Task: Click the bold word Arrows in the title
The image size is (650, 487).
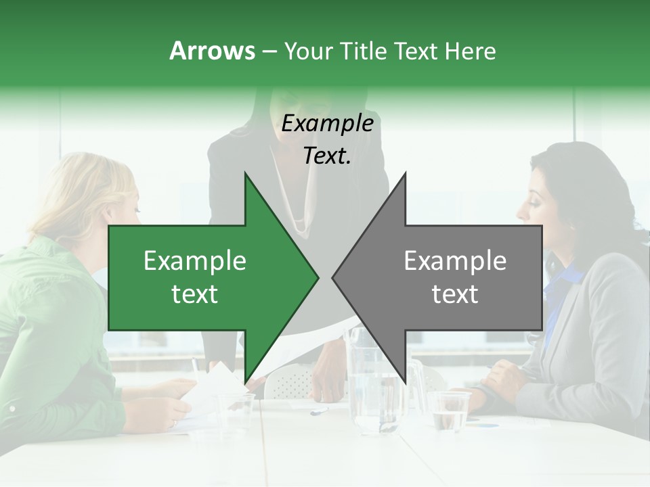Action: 212,51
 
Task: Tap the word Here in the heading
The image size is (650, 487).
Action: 470,51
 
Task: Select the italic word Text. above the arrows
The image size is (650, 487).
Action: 327,156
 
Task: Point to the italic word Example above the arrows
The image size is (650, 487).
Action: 327,124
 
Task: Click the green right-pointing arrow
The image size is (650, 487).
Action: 203,277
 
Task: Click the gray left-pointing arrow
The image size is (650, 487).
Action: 447,277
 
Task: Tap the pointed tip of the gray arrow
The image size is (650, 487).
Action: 334,277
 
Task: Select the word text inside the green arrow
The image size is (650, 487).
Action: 194,294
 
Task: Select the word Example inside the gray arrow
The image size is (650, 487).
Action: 455,261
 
